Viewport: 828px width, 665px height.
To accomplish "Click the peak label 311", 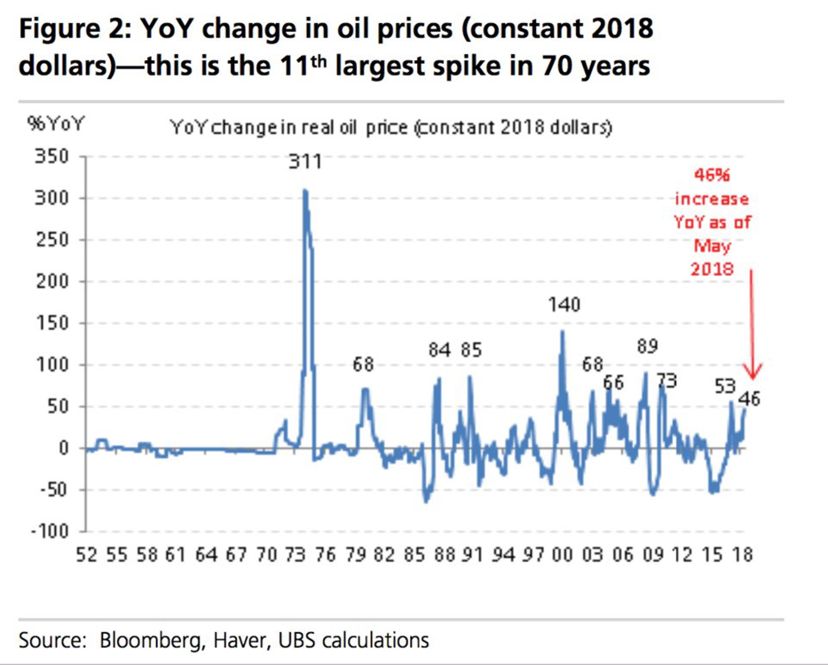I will (x=305, y=162).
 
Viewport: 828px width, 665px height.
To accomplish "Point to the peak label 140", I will (x=564, y=305).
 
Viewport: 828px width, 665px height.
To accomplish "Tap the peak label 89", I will (x=648, y=346).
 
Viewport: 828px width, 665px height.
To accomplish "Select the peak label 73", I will (x=666, y=381).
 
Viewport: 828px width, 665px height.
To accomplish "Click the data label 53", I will (x=725, y=387).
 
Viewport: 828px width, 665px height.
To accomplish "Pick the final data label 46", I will (x=749, y=399).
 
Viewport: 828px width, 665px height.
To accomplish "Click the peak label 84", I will (x=439, y=350).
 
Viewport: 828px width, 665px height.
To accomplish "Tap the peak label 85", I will (x=471, y=350).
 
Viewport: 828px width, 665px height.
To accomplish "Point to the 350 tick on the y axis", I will (x=52, y=157).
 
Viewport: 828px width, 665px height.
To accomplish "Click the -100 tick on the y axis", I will (x=50, y=532).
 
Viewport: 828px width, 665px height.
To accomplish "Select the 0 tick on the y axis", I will (x=63, y=448).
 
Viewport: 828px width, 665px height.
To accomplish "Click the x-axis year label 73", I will (x=295, y=555).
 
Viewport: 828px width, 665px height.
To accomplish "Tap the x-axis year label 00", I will (x=563, y=555).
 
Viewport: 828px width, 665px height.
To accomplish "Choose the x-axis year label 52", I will (x=87, y=555).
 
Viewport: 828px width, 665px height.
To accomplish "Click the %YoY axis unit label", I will (x=55, y=124).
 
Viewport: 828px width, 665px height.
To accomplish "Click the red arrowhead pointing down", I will (x=752, y=374).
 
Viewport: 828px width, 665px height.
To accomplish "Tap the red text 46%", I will (x=712, y=176).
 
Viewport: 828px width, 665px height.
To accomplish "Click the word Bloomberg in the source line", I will (x=150, y=640).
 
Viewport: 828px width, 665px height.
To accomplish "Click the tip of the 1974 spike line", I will (x=305, y=190).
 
